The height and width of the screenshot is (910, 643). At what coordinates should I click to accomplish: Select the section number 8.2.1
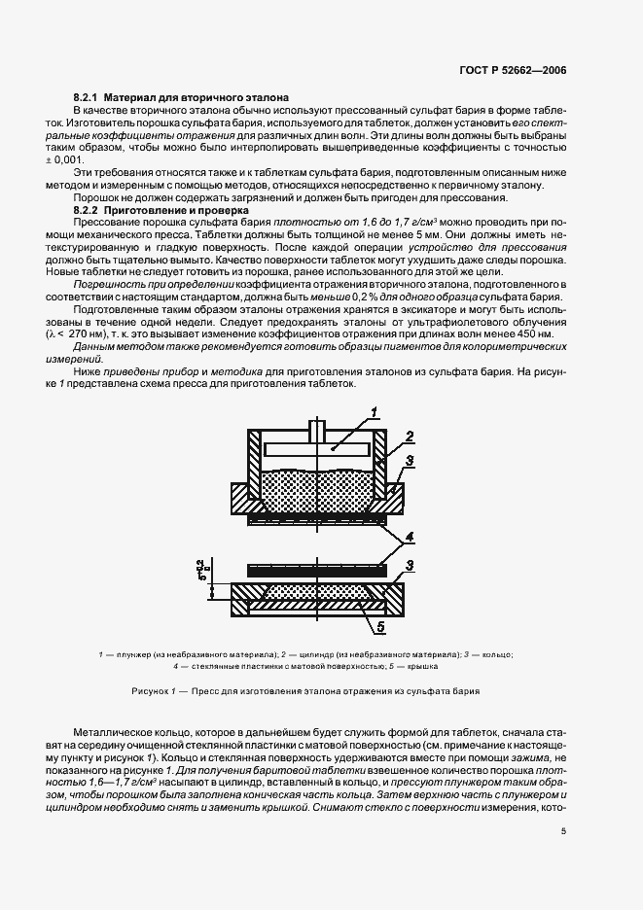pyautogui.click(x=89, y=99)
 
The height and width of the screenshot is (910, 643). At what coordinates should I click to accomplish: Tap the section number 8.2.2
pyautogui.click(x=89, y=210)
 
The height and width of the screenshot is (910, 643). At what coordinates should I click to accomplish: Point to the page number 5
pyautogui.click(x=564, y=830)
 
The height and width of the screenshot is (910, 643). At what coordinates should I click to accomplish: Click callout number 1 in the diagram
pyautogui.click(x=373, y=414)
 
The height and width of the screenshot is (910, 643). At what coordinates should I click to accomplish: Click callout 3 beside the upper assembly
pyautogui.click(x=412, y=460)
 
